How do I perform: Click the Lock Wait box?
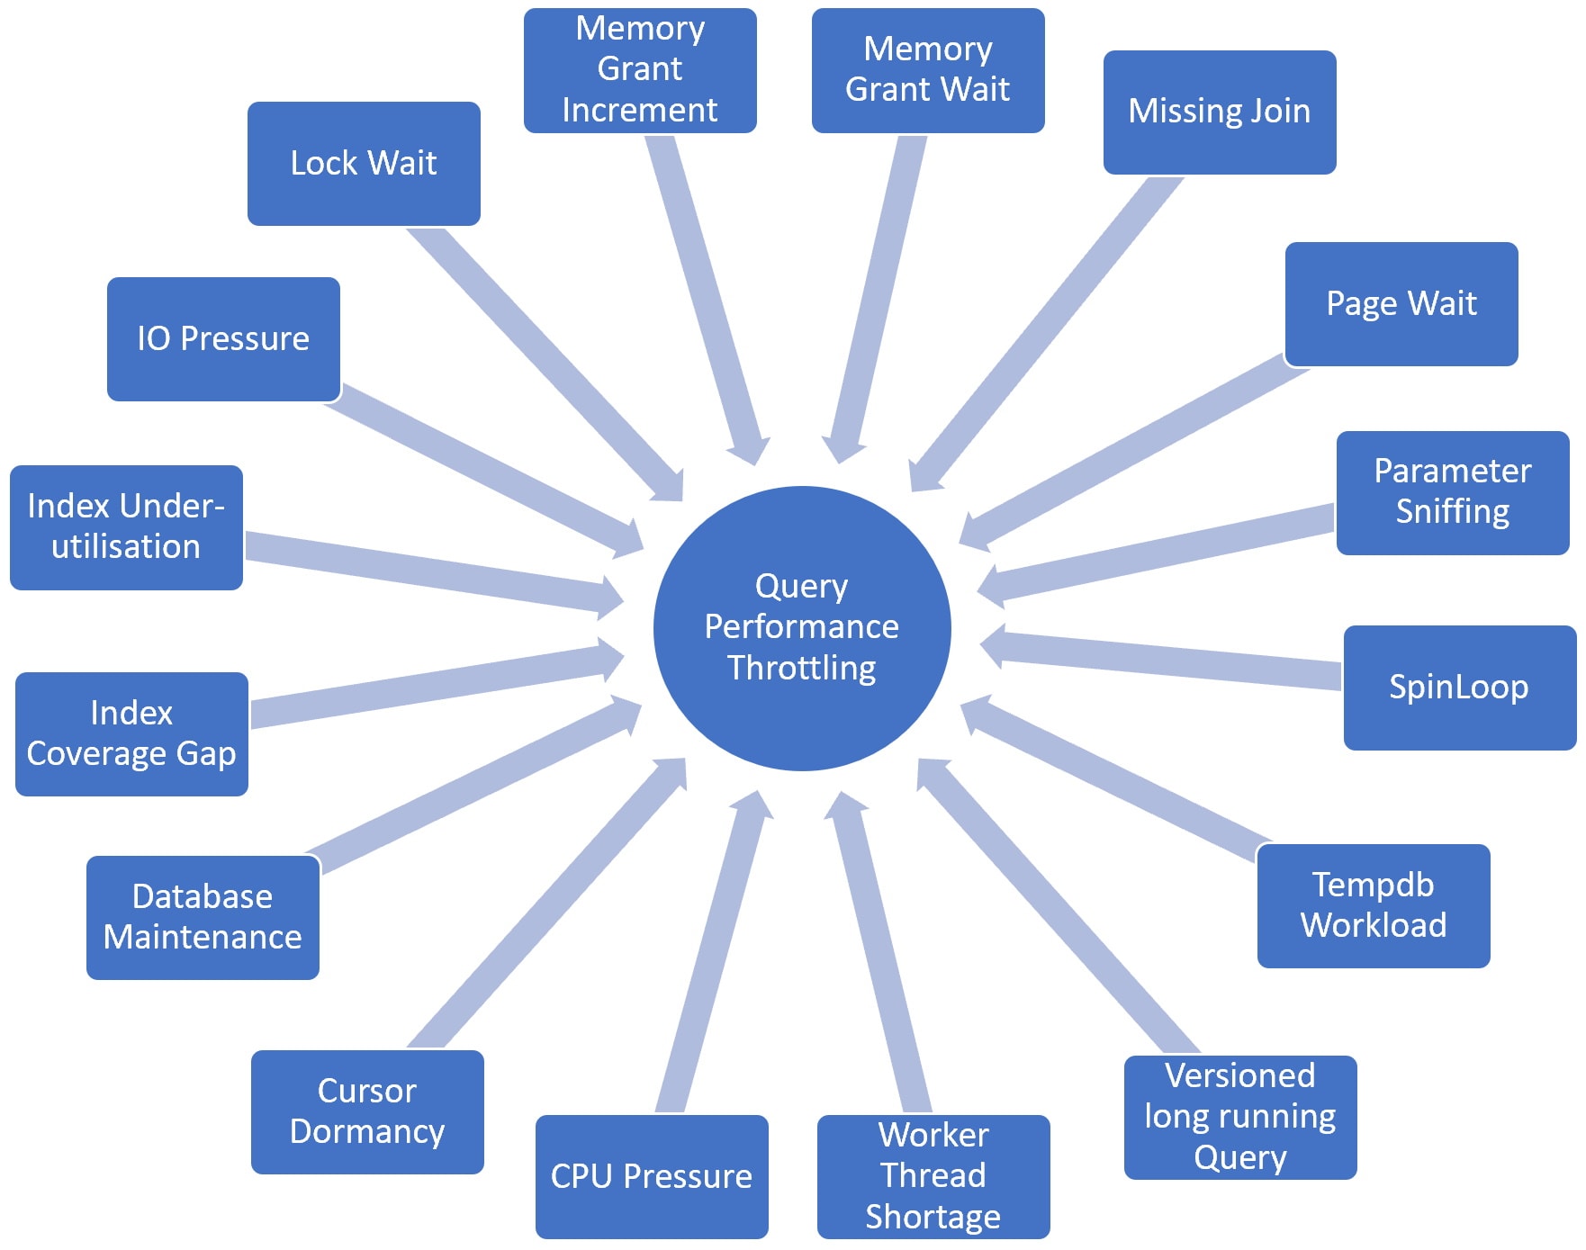364,164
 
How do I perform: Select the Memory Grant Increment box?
640,70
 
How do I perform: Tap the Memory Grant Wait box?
928,70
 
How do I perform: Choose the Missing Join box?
1220,112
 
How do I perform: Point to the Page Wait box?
1401,304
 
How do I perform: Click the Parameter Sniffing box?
1453,492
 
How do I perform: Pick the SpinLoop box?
1459,688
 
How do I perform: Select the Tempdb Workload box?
1374,905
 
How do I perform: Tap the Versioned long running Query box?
1240,1117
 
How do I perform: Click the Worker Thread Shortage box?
933,1176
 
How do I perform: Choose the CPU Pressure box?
652,1176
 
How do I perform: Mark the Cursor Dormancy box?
367,1111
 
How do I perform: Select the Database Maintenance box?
203,917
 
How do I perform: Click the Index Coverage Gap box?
131,733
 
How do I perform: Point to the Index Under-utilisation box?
126,527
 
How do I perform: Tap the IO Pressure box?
223,339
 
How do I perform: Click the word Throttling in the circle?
802,668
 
